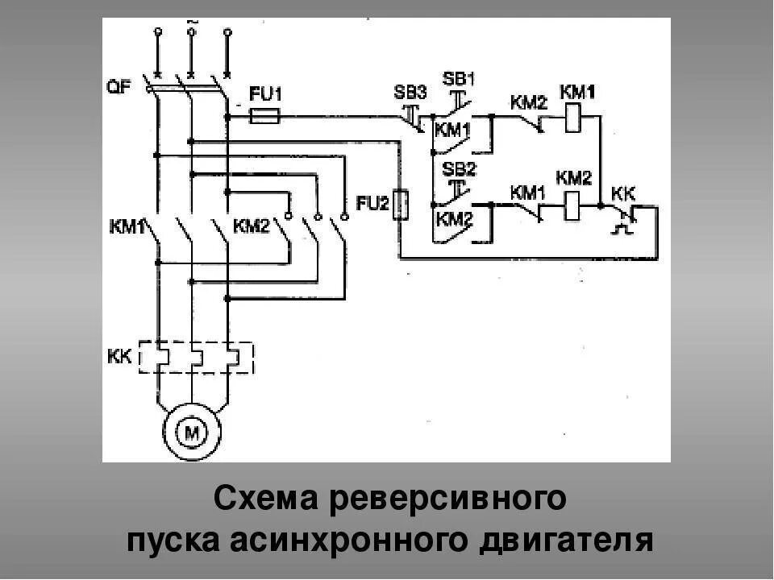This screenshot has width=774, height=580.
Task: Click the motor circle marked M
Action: [193, 433]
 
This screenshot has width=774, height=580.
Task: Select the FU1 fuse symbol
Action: [264, 118]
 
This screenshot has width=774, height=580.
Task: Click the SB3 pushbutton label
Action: [410, 91]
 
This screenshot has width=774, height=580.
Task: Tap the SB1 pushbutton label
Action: [459, 79]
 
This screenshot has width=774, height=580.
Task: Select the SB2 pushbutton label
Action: [459, 170]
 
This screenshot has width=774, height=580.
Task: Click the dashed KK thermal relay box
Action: [197, 357]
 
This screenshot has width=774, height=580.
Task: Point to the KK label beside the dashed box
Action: [119, 355]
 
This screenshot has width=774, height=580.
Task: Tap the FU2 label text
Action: [372, 204]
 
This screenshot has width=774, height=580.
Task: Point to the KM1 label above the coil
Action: [576, 93]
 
